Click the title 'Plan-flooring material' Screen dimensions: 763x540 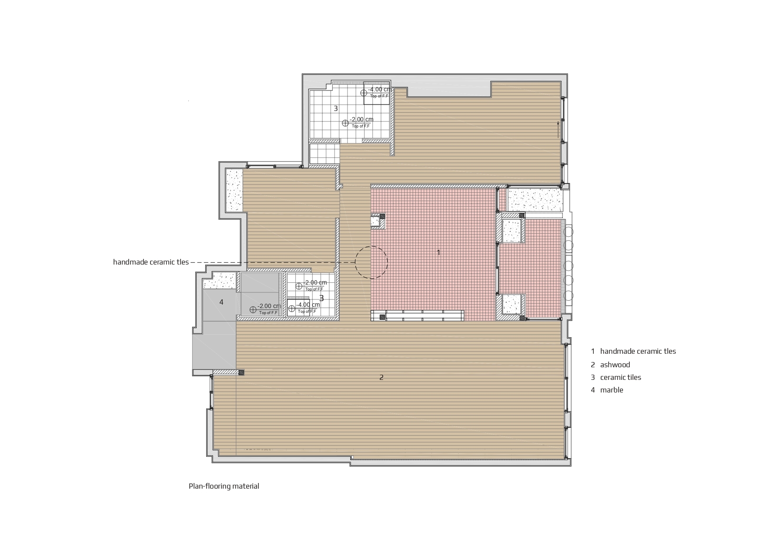click(x=224, y=486)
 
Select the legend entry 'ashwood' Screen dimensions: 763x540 click(x=615, y=365)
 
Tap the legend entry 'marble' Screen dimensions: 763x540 click(x=612, y=390)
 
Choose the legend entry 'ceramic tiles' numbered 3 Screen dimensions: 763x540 click(x=621, y=377)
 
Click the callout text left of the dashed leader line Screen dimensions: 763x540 click(x=151, y=262)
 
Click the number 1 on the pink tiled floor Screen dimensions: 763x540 click(x=438, y=252)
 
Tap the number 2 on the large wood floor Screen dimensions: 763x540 click(x=381, y=377)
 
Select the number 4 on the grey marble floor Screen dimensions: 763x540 click(x=221, y=302)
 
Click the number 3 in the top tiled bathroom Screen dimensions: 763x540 click(x=335, y=108)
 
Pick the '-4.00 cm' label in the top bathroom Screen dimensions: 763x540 click(x=379, y=90)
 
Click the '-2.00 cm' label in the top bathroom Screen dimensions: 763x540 click(x=361, y=119)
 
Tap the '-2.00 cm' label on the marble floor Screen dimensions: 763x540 click(x=269, y=306)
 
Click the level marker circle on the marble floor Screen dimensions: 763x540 click(x=253, y=310)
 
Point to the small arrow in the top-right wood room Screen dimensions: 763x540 click(x=558, y=130)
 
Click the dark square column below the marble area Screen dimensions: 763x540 click(x=241, y=372)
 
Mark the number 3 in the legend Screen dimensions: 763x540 click(x=592, y=377)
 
